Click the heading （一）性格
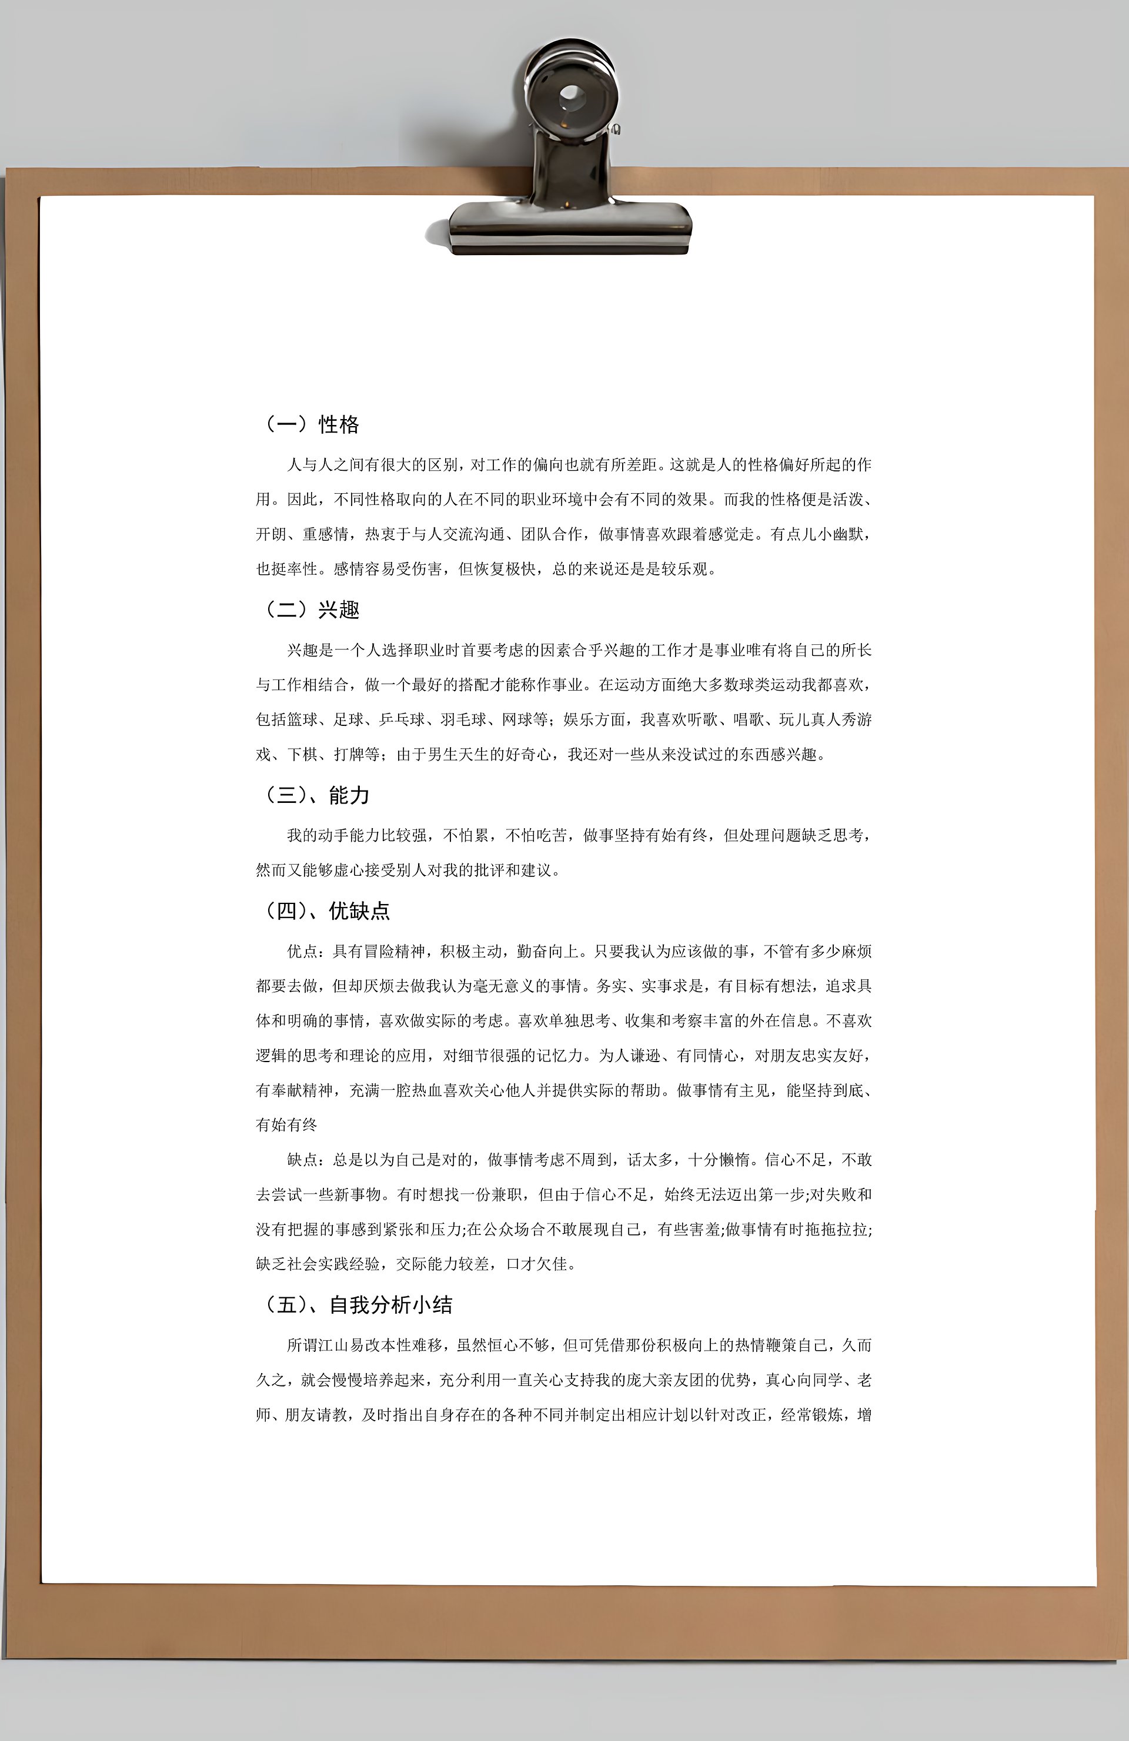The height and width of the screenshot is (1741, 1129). tap(310, 424)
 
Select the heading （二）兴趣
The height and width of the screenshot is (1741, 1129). tap(310, 610)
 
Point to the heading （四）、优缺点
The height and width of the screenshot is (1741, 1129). tap(326, 910)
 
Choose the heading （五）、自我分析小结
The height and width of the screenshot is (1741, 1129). tap(357, 1305)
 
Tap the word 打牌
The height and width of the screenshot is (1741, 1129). tap(349, 754)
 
